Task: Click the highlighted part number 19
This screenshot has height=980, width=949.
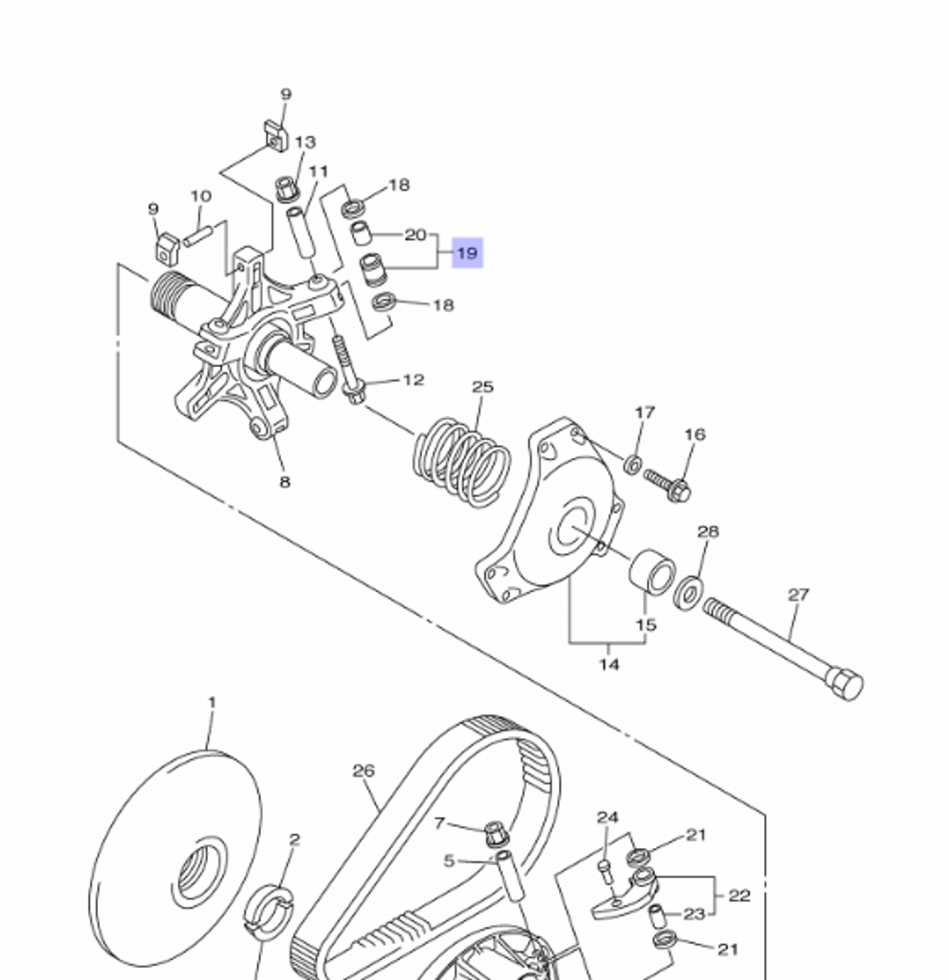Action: [467, 253]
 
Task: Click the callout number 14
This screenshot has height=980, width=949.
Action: [609, 664]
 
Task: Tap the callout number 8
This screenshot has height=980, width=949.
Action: [284, 482]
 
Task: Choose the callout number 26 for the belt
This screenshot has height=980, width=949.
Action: [363, 771]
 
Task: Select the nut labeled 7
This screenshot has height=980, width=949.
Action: [494, 835]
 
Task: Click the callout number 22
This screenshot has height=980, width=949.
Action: [738, 896]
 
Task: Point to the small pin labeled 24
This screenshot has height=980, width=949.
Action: [604, 866]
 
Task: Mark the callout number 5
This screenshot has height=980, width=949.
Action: [450, 861]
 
